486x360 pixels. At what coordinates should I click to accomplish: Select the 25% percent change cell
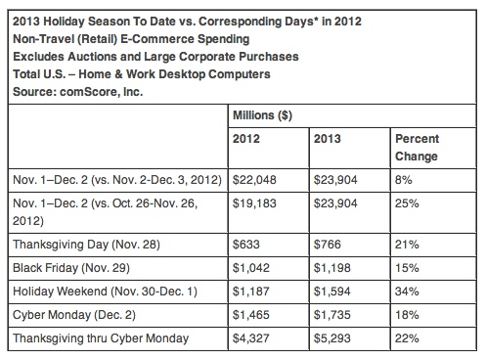point(408,206)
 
